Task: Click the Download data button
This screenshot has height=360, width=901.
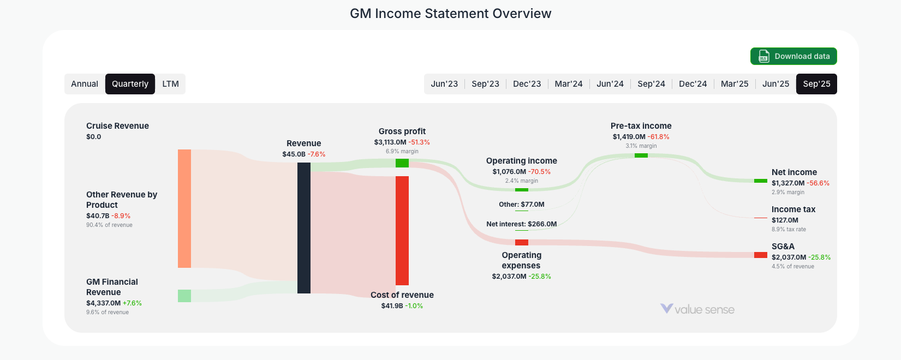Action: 793,56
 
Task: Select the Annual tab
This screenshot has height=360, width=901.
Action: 85,84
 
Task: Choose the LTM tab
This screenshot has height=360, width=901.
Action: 170,84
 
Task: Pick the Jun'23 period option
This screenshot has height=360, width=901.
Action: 444,84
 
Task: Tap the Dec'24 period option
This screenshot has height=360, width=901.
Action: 693,84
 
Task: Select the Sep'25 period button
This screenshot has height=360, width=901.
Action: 816,84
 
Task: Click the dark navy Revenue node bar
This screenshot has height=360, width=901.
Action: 304,227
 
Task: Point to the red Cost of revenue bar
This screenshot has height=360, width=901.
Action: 402,230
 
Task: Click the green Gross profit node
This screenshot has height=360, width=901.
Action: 402,163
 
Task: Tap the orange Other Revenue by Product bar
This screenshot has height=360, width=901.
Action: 184,208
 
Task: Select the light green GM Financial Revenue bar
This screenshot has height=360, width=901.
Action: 184,296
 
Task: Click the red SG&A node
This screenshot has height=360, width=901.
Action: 760,255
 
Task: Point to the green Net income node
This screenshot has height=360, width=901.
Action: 760,181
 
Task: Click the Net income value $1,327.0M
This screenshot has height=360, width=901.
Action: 788,183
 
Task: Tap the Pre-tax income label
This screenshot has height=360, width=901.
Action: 641,126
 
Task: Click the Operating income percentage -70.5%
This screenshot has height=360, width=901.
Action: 539,172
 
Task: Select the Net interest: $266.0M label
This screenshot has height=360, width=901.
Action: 521,224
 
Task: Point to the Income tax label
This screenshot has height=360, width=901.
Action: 793,209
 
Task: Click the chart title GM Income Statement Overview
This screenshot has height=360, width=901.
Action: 450,14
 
